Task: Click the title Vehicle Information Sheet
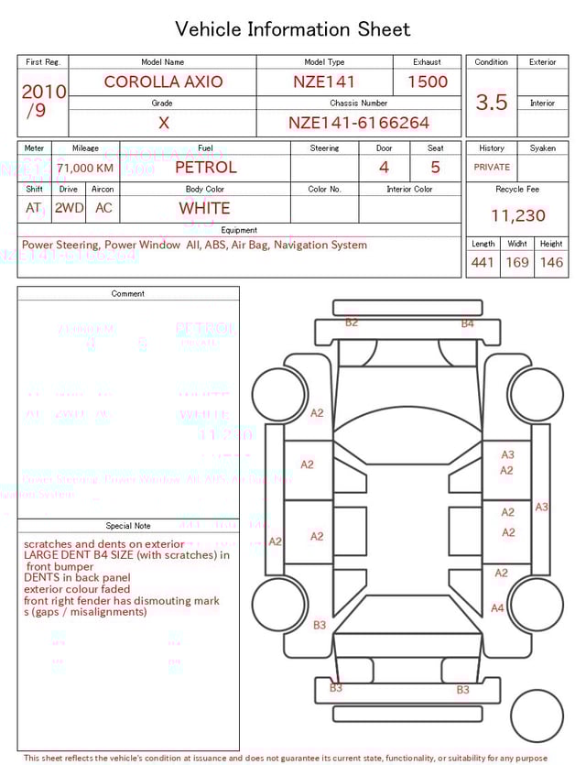click(x=293, y=29)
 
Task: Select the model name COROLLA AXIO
click(x=163, y=82)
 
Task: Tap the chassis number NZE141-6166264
click(x=359, y=123)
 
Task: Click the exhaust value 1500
click(x=427, y=82)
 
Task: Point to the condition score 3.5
click(x=492, y=103)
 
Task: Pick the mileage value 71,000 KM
click(x=85, y=169)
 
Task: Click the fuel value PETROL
click(x=205, y=168)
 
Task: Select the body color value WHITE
click(x=204, y=208)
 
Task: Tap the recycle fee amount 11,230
click(x=517, y=215)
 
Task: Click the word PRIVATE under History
click(x=492, y=168)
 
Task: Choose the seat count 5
click(x=435, y=168)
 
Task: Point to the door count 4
click(x=384, y=168)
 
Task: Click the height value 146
click(x=551, y=263)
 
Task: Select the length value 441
click(x=483, y=263)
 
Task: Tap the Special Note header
click(x=128, y=526)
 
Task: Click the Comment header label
click(x=128, y=294)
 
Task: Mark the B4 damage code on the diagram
click(x=467, y=323)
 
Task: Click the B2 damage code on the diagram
click(x=352, y=322)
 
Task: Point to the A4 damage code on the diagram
click(x=497, y=607)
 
